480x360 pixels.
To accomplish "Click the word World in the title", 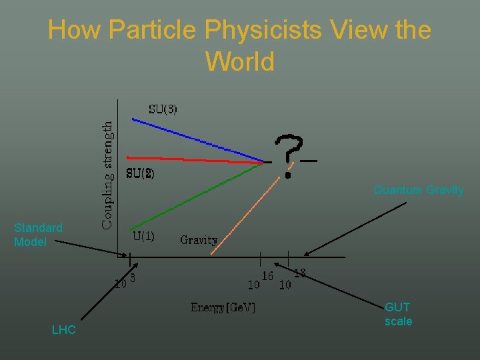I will [x=240, y=61].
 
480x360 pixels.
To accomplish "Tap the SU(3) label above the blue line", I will [x=162, y=109].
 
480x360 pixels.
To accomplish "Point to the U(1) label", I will [x=143, y=235].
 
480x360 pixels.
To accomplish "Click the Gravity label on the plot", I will [x=199, y=240].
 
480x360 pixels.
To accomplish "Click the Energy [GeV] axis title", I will [x=223, y=307].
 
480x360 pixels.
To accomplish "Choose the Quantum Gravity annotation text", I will [x=419, y=190].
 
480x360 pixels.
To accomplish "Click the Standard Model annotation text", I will [x=38, y=235].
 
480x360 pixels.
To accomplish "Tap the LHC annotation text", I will [x=64, y=330].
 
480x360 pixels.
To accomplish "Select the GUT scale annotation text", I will [x=398, y=314].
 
